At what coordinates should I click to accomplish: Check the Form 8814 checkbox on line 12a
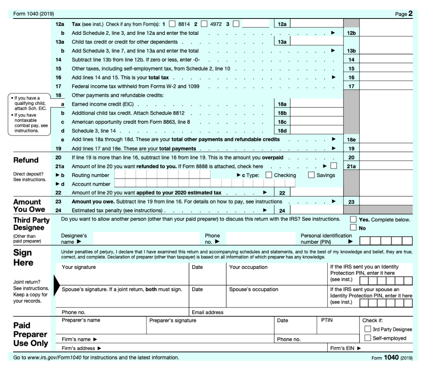coord(172,24)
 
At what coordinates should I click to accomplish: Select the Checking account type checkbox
coord(269,175)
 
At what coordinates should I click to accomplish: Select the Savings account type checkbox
coord(312,175)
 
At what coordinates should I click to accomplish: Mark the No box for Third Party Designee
coord(354,228)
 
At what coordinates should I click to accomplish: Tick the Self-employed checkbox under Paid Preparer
coord(367,338)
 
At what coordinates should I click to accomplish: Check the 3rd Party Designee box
coord(367,329)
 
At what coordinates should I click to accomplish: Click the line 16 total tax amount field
coord(386,78)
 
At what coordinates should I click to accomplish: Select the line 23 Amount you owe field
coord(386,202)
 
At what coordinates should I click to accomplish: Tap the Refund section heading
coord(26,160)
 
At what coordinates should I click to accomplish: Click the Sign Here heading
coord(23,258)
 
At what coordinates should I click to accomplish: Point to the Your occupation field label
coord(248,267)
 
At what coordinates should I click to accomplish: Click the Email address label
coord(207,313)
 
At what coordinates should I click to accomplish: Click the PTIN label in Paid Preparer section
coord(326,320)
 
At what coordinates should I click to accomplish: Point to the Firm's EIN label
coord(346,348)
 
